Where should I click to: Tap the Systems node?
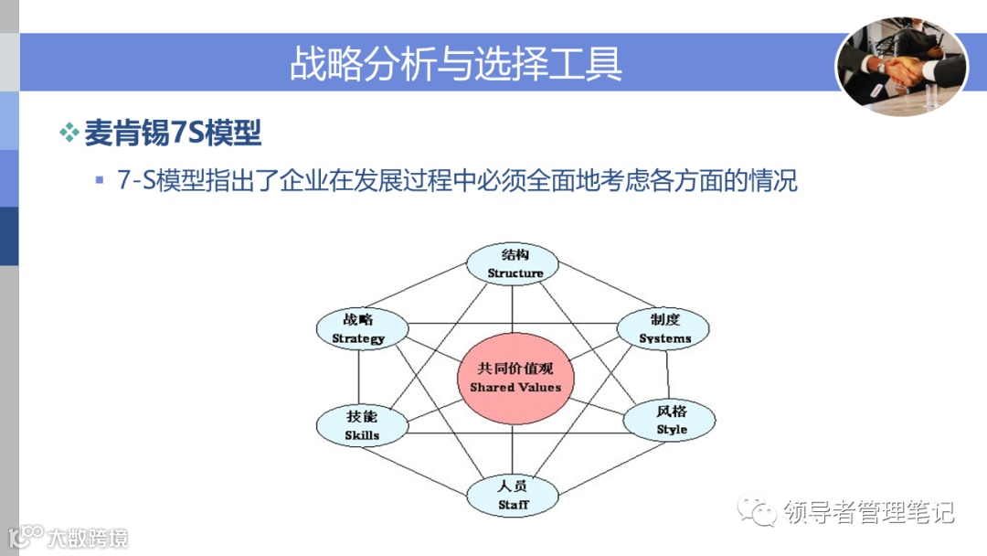(664, 329)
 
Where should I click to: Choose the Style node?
(671, 421)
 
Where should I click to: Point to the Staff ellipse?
(513, 495)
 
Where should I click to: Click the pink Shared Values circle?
(515, 378)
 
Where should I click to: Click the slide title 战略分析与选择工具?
(456, 63)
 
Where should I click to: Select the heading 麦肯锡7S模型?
(173, 134)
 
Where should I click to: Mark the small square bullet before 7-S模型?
(100, 180)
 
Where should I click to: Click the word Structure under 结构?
(515, 273)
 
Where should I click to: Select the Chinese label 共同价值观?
(515, 369)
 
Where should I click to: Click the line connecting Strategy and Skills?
(359, 377)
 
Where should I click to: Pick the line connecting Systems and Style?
(668, 375)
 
